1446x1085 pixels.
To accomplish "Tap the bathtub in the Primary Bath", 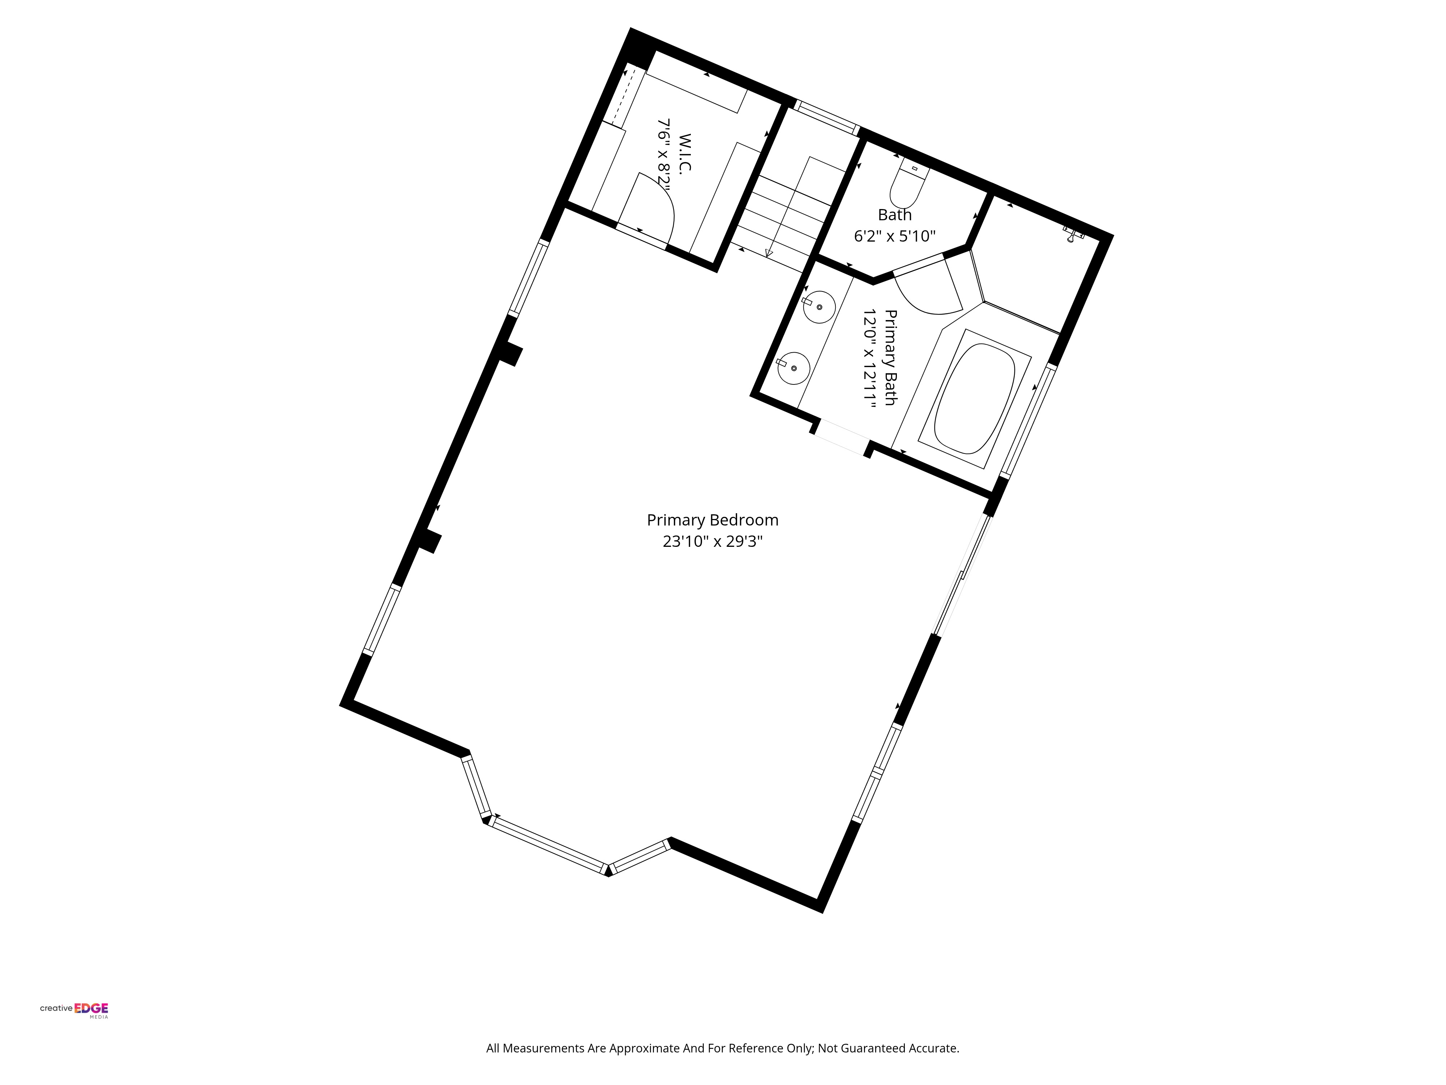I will tap(974, 399).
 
